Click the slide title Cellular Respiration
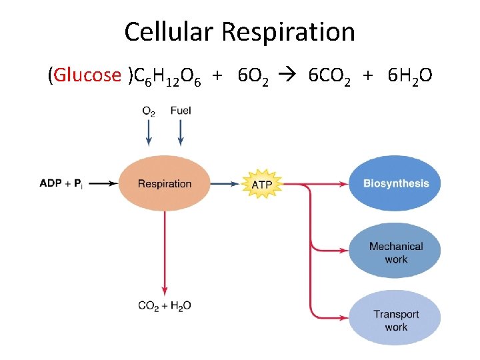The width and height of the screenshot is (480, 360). pos(239,31)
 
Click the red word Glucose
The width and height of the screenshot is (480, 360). pos(87,76)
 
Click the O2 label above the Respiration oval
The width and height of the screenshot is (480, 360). pos(149,111)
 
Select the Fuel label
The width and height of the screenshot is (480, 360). pos(181,111)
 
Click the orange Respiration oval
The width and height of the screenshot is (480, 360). pos(164,183)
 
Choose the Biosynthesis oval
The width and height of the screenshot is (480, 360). pos(395,183)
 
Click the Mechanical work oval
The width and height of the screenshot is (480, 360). pos(395,252)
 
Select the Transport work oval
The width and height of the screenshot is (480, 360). pos(395,320)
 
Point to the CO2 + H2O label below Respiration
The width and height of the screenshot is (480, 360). pos(164,306)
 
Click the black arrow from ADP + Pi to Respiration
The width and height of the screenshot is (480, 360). pos(103,183)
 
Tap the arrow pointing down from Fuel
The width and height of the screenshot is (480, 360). pos(181,133)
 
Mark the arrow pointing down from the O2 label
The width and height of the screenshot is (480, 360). pos(149,133)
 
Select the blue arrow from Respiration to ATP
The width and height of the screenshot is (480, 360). pos(227,183)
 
